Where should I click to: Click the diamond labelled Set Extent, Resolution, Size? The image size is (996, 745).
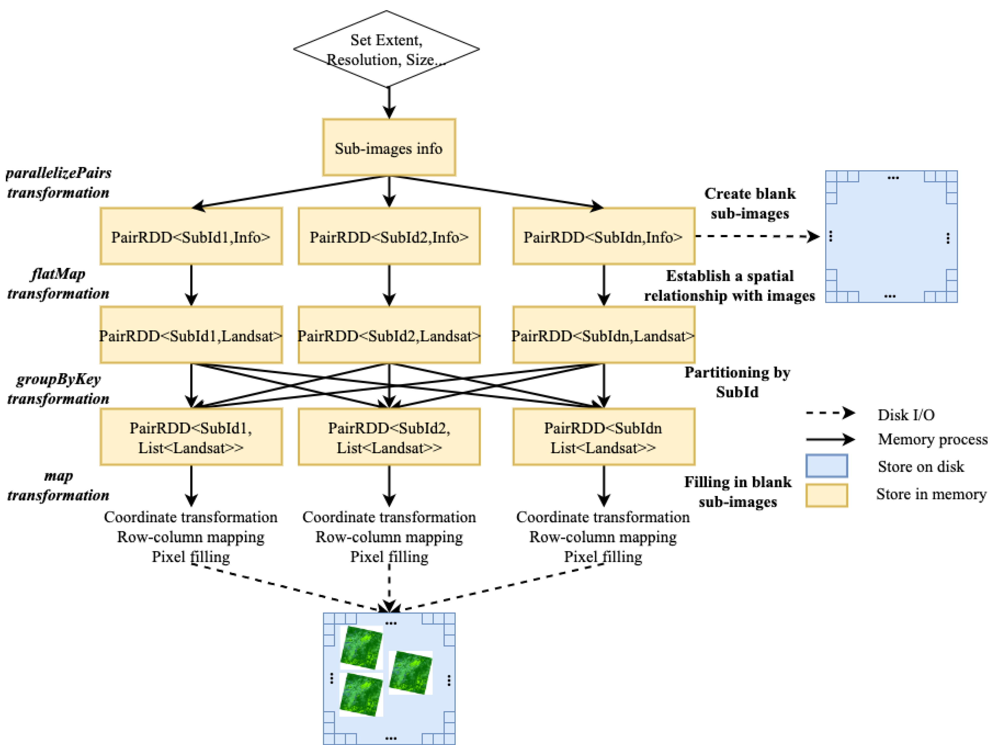pos(386,49)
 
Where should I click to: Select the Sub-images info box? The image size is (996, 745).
pos(389,148)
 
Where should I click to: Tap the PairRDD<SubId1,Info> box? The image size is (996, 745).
pos(191,237)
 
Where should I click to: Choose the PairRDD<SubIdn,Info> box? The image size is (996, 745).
pos(603,237)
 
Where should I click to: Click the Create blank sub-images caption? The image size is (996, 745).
pos(750,203)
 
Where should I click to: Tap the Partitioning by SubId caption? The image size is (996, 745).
pos(737,382)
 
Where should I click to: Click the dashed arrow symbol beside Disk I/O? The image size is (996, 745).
pos(830,413)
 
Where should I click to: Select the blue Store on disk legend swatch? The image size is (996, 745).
pos(827,466)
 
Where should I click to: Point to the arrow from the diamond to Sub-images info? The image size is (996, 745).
pos(389,103)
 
